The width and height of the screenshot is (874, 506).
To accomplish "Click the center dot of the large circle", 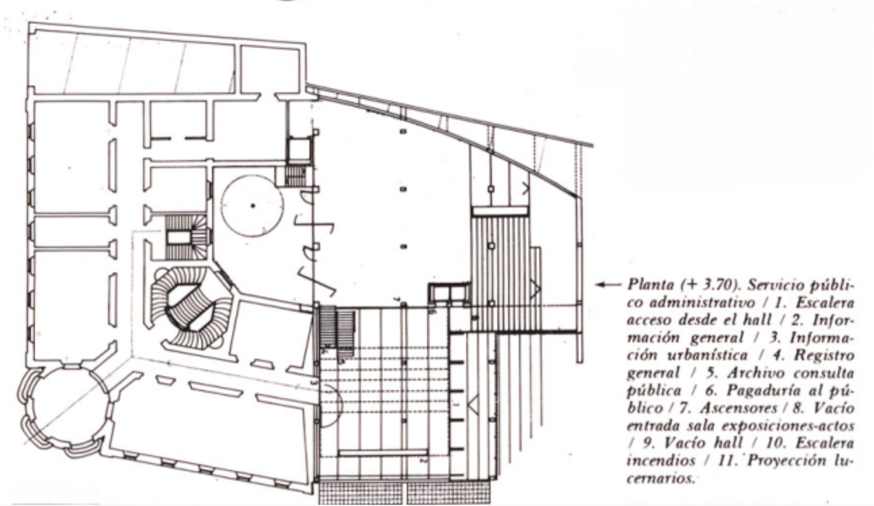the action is click(x=253, y=206).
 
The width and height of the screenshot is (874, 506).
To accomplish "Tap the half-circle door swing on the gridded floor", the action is click(x=330, y=405).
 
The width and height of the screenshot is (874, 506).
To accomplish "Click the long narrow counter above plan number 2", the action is click(x=383, y=453).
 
